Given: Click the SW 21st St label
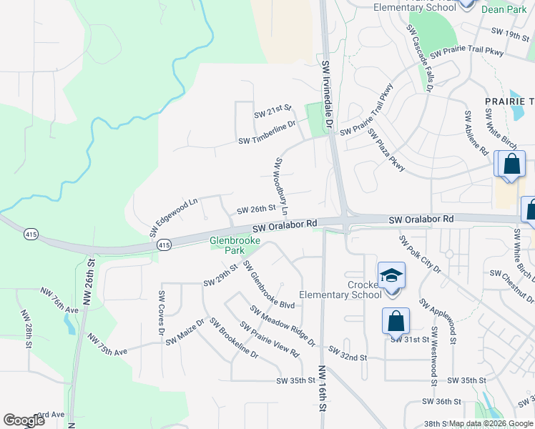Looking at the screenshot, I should tap(273, 112).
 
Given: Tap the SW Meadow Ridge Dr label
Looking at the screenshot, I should tap(283, 325).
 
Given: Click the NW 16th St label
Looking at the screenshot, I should tap(322, 389).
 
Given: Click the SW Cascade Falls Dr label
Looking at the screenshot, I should tap(421, 61).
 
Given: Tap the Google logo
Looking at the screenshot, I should tap(24, 420).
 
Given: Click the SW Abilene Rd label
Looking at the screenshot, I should tap(476, 133).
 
